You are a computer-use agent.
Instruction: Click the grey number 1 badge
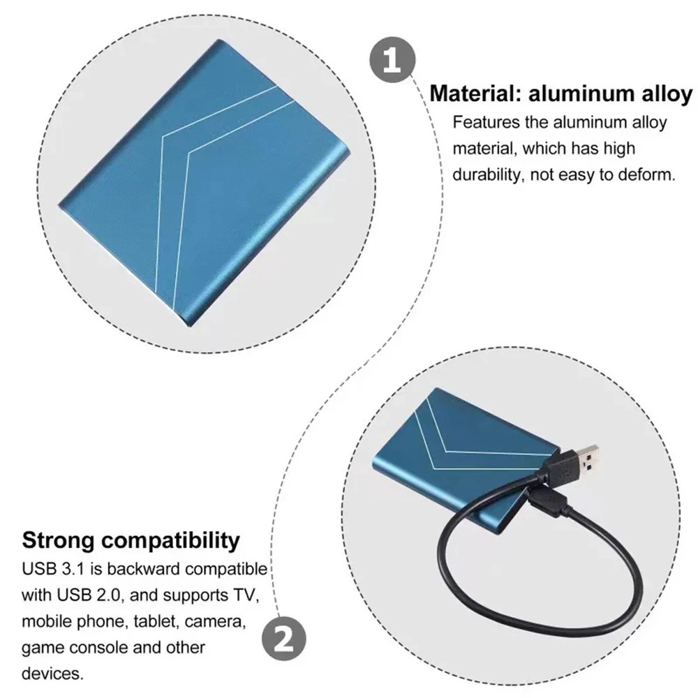[392, 59]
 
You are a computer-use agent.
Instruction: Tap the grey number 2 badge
[284, 639]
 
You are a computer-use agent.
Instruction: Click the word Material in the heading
[475, 94]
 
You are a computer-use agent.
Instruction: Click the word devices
[52, 674]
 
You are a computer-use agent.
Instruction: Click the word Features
[485, 122]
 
